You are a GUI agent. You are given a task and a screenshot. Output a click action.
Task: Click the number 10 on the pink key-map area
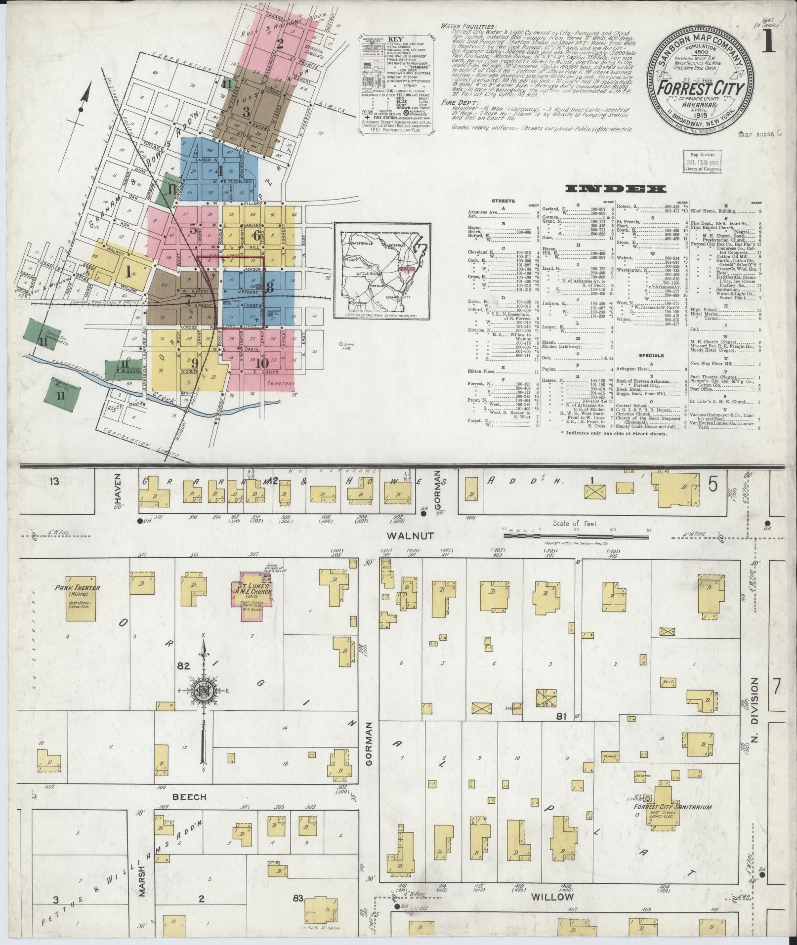[x=259, y=364]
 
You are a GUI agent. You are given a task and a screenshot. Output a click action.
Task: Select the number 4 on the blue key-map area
[x=218, y=170]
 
